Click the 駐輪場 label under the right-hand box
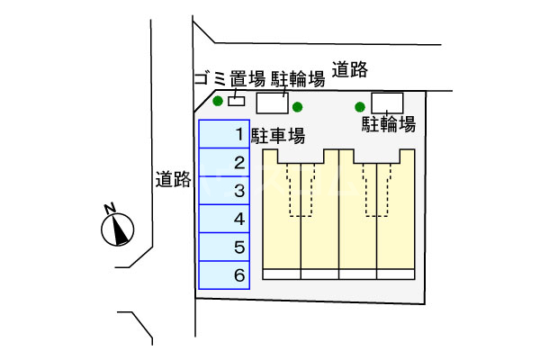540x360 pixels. (x=389, y=123)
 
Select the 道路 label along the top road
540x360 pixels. (x=350, y=68)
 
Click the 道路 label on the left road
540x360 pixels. (x=173, y=179)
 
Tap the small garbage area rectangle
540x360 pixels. (x=237, y=101)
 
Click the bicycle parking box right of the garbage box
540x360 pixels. (x=272, y=103)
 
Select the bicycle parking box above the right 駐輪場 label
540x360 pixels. (x=387, y=102)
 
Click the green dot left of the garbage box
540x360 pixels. (x=218, y=101)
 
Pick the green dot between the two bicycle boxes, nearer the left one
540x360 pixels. (x=297, y=107)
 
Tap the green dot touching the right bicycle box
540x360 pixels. (x=361, y=106)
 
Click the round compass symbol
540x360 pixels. (x=118, y=230)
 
